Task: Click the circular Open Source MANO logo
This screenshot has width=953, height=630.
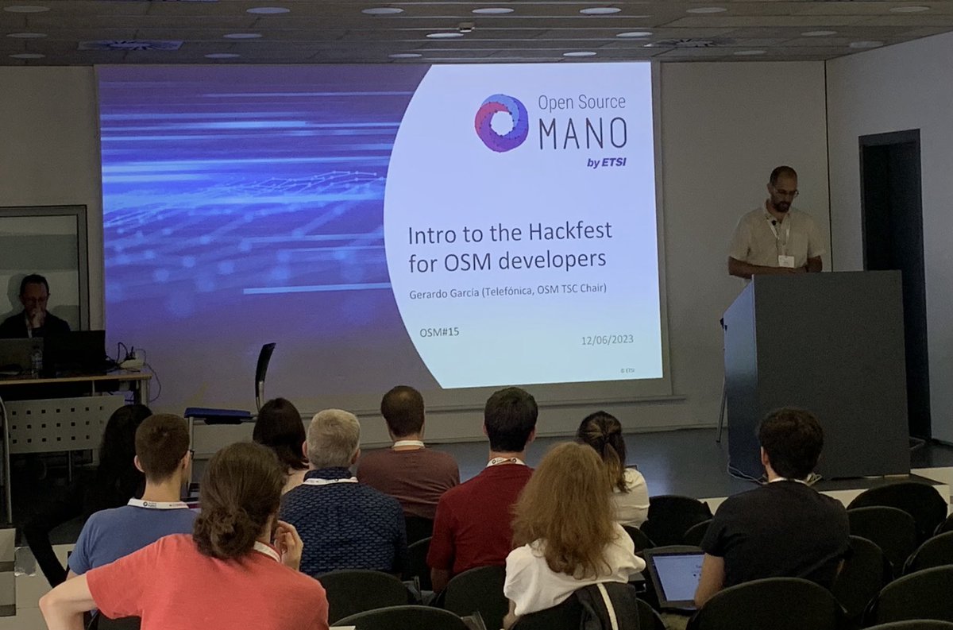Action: coord(501,122)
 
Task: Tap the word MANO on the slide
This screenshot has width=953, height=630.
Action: coord(583,133)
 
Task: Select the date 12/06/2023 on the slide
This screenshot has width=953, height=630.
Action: coord(607,340)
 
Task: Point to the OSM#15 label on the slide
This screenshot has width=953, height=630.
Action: coord(439,332)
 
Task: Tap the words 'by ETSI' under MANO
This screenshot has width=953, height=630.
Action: coord(606,163)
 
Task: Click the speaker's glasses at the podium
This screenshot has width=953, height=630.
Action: coord(785,191)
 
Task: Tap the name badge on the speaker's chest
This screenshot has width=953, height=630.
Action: coord(785,260)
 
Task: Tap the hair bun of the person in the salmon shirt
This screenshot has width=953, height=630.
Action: coord(220,535)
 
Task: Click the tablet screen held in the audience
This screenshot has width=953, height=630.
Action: coord(677,578)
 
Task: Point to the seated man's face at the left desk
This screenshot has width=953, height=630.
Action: coord(35,299)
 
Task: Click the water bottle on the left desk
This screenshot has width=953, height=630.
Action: coord(36,361)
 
